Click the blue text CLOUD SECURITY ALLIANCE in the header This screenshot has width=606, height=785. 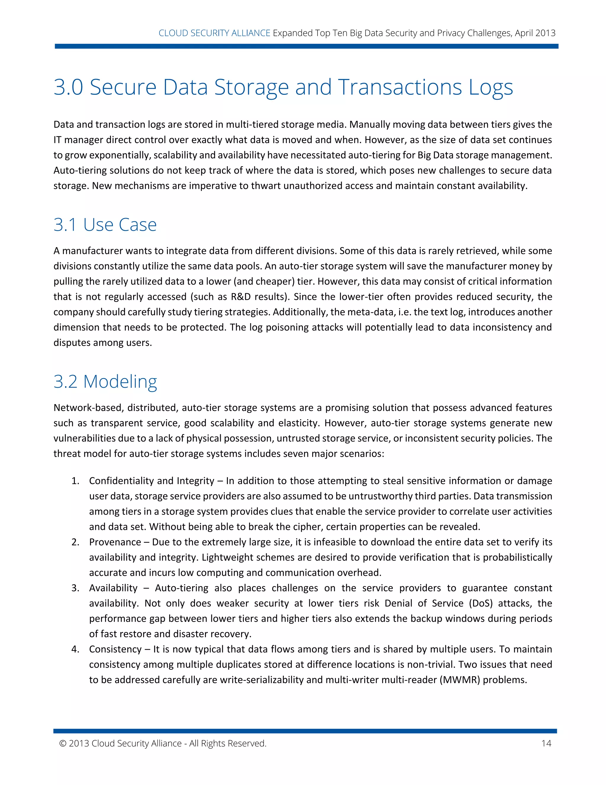pyautogui.click(x=214, y=33)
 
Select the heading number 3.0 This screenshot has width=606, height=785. pyautogui.click(x=68, y=87)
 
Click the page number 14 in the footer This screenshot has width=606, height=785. pyautogui.click(x=546, y=743)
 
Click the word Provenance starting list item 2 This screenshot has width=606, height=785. pyautogui.click(x=115, y=542)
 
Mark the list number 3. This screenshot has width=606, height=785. pyautogui.click(x=75, y=588)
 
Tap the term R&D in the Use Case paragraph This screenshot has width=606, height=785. pyautogui.click(x=241, y=297)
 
